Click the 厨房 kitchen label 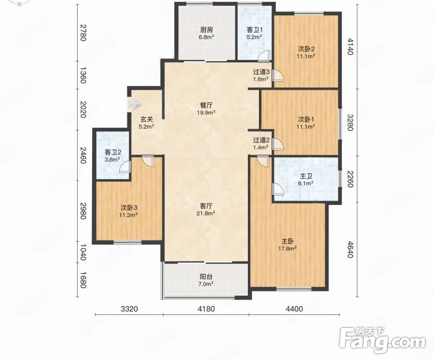click(207, 30)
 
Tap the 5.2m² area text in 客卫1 click(254, 36)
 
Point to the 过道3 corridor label click(261, 72)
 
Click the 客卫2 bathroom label click(113, 152)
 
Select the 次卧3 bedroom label click(129, 207)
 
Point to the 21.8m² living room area click(207, 213)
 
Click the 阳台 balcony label click(207, 276)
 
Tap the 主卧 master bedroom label click(288, 241)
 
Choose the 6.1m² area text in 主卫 click(306, 183)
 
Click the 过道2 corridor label click(261, 140)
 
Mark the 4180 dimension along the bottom click(206, 309)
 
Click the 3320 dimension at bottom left click(129, 309)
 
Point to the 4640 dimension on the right click(351, 250)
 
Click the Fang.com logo click(382, 340)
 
